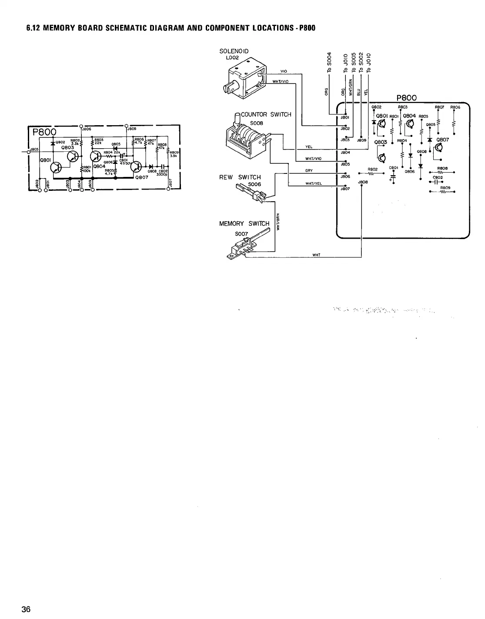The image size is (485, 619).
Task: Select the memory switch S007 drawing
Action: point(244,248)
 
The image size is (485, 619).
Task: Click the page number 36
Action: point(26,609)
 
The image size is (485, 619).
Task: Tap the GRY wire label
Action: point(309,171)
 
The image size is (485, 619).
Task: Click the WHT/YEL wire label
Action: point(313,183)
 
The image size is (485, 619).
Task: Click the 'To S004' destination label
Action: point(329,64)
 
